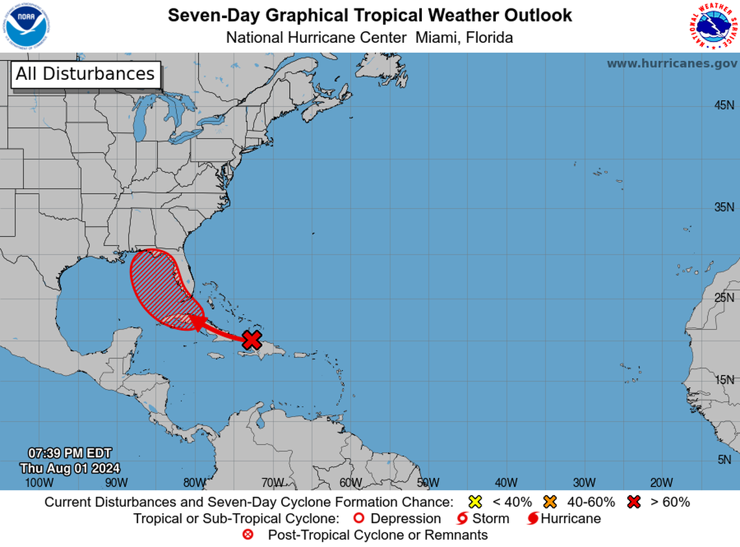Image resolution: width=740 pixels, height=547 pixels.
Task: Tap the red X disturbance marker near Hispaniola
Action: pos(252,339)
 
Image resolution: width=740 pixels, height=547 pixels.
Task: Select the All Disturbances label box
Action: pos(85,74)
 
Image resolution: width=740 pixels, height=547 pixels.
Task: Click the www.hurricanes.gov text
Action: pos(671,64)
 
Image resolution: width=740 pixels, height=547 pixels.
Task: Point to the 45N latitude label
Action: pos(724,105)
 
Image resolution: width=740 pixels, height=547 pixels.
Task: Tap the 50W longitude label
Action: pos(428,482)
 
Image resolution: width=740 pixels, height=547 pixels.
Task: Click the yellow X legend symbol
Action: pos(475,502)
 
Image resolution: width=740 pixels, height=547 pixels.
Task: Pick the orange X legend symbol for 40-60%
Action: pos(551,502)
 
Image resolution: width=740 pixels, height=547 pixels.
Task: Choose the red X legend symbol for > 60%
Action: pos(634,502)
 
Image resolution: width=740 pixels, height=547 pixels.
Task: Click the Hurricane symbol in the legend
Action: pos(532,518)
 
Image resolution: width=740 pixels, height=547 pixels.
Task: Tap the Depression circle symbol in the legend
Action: pos(358,518)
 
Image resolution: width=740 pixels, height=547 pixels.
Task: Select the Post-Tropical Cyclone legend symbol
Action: pos(247,535)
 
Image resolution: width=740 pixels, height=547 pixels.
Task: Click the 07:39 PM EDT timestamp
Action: pos(69,453)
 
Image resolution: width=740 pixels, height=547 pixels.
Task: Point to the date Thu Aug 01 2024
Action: pos(69,468)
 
